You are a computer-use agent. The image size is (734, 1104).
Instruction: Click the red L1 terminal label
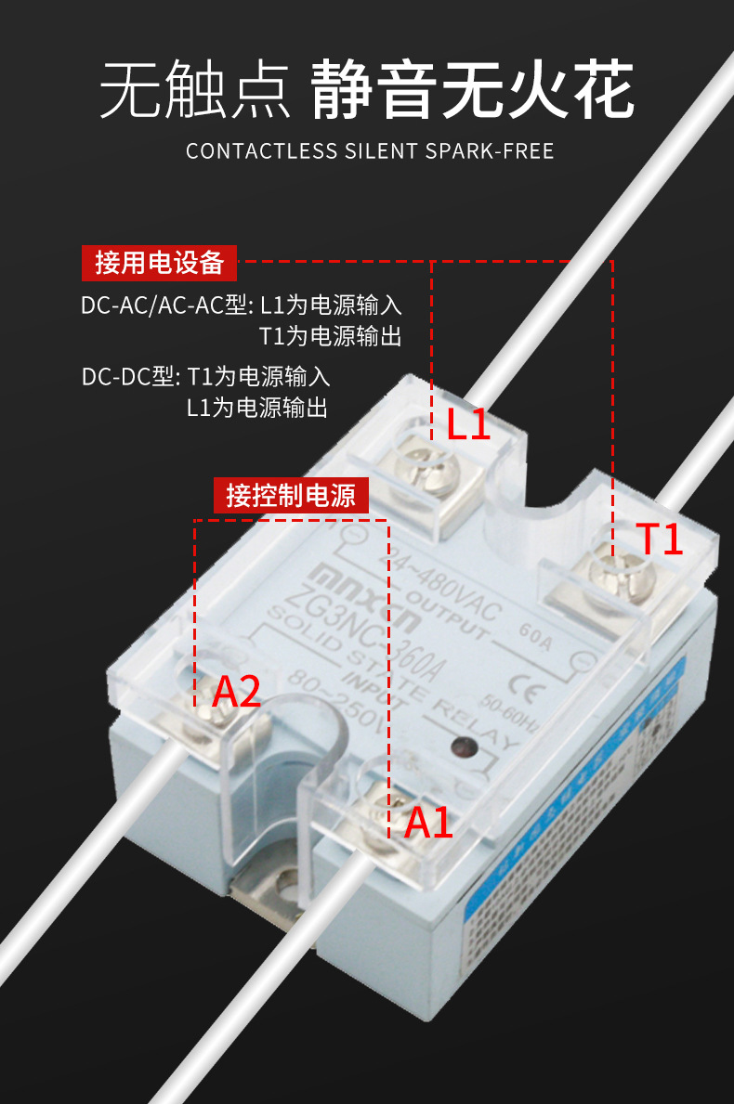click(467, 423)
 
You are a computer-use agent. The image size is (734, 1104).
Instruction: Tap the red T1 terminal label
click(660, 539)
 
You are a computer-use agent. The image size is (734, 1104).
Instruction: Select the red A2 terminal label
click(236, 692)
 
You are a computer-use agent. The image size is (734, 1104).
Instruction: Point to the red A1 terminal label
click(428, 823)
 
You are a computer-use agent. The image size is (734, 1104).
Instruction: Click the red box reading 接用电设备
click(159, 263)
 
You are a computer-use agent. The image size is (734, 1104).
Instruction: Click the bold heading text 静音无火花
click(472, 93)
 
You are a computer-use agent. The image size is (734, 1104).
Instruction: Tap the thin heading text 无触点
click(194, 93)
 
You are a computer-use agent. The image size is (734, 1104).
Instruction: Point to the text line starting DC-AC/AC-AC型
click(242, 305)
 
